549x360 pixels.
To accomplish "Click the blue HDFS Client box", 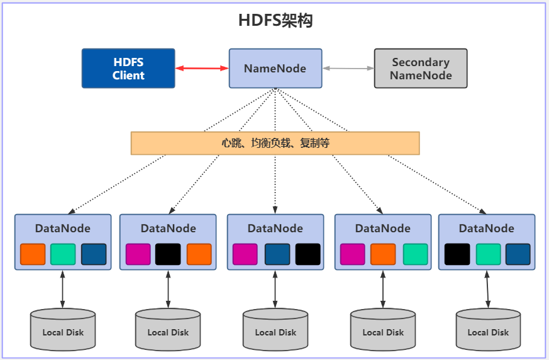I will tap(128, 68).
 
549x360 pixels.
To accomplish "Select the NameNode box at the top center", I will tap(275, 68).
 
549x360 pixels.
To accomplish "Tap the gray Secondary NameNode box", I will tap(421, 68).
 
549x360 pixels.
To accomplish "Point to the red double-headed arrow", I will tap(202, 68).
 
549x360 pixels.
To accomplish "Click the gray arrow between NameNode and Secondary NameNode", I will tap(348, 68).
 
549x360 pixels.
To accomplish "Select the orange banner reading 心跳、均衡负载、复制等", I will tap(275, 143).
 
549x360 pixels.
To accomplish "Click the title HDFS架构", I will tap(275, 20).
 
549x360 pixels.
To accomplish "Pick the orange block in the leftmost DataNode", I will tap(33, 254).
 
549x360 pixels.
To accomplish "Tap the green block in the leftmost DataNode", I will tap(63, 254).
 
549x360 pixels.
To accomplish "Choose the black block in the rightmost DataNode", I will tap(457, 254).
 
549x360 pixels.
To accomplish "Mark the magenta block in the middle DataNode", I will tap(245, 254).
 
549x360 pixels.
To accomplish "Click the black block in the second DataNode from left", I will tap(168, 254).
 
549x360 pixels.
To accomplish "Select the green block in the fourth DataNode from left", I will tap(415, 254).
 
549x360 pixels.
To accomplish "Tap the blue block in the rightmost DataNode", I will tap(518, 254).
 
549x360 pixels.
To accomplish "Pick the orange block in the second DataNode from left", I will tap(199, 254).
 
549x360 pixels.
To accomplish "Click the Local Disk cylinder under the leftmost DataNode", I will tap(63, 329).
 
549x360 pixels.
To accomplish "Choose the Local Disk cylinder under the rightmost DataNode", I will tap(488, 329).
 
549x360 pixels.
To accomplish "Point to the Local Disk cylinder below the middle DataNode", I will tap(275, 329).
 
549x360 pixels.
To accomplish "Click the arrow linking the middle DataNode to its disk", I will tap(275, 289).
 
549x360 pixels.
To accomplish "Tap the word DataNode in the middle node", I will tap(275, 228).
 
